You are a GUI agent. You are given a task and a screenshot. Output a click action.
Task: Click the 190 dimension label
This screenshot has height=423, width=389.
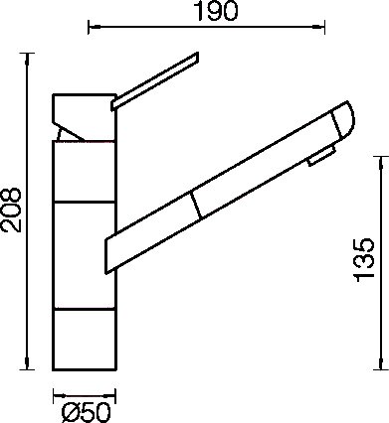point(215,11)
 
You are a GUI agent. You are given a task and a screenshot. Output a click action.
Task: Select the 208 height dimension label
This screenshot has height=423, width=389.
point(11,210)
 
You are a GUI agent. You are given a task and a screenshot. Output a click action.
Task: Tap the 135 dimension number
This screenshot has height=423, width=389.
point(364,260)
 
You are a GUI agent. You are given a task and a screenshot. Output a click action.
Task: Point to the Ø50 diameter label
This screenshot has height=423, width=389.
point(86,413)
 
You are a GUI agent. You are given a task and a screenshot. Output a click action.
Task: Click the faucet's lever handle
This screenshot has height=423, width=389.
point(154,81)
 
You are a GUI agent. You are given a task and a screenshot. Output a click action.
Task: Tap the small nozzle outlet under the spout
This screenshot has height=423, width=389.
point(321,156)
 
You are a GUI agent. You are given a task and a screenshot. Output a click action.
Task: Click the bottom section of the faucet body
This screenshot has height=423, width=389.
point(85,340)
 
